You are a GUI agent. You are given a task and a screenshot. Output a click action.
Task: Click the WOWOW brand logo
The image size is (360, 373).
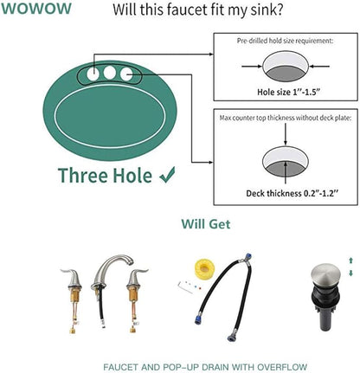click(36, 9)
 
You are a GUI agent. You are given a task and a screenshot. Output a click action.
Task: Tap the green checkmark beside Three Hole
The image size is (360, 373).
click(167, 175)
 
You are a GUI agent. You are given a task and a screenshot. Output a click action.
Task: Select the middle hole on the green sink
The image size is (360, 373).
click(110, 73)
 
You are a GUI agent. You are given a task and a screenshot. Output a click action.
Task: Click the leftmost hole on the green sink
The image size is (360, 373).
click(93, 74)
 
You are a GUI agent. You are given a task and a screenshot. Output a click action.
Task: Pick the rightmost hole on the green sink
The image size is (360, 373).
click(126, 74)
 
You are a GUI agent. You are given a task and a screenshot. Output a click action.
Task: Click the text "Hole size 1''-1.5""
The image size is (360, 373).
click(289, 92)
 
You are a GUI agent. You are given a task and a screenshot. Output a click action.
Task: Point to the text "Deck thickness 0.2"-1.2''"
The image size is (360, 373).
click(292, 193)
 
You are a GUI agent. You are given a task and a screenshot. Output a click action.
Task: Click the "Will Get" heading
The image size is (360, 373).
click(206, 224)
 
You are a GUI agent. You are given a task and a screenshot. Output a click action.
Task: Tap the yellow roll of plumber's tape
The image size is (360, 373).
click(204, 269)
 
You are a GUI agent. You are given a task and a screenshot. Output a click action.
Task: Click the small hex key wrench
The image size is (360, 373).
click(185, 287)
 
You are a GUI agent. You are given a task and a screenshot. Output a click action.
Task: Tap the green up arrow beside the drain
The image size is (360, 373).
click(350, 260)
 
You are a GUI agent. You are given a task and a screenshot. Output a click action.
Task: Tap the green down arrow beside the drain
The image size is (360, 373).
click(350, 273)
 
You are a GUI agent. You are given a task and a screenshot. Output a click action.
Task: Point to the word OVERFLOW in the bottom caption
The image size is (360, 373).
click(282, 367)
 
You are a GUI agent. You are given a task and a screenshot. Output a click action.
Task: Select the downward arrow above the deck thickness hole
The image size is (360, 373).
click(286, 134)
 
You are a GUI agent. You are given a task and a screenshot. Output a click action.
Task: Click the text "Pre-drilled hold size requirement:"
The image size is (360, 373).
click(285, 41)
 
